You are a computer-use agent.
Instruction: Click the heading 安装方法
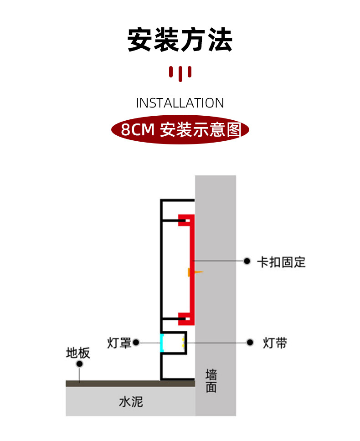(x=180, y=40)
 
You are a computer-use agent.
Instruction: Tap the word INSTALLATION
(x=180, y=103)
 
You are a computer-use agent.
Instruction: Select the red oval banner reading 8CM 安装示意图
(x=180, y=130)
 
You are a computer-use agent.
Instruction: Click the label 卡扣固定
(x=281, y=262)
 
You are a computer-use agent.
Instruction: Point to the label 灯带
(x=275, y=343)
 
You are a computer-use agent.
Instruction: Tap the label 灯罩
(x=119, y=343)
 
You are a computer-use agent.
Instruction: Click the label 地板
(x=78, y=353)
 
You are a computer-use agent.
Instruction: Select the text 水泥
(x=131, y=401)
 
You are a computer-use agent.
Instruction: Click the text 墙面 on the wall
(x=211, y=381)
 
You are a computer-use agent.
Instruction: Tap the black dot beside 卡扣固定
(x=247, y=261)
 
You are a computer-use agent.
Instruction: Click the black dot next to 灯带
(x=250, y=343)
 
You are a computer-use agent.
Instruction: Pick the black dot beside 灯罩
(x=136, y=342)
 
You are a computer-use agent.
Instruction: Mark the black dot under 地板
(x=80, y=364)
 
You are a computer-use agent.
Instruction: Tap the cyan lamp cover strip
(x=161, y=343)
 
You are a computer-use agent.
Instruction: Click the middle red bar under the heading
(x=180, y=74)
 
